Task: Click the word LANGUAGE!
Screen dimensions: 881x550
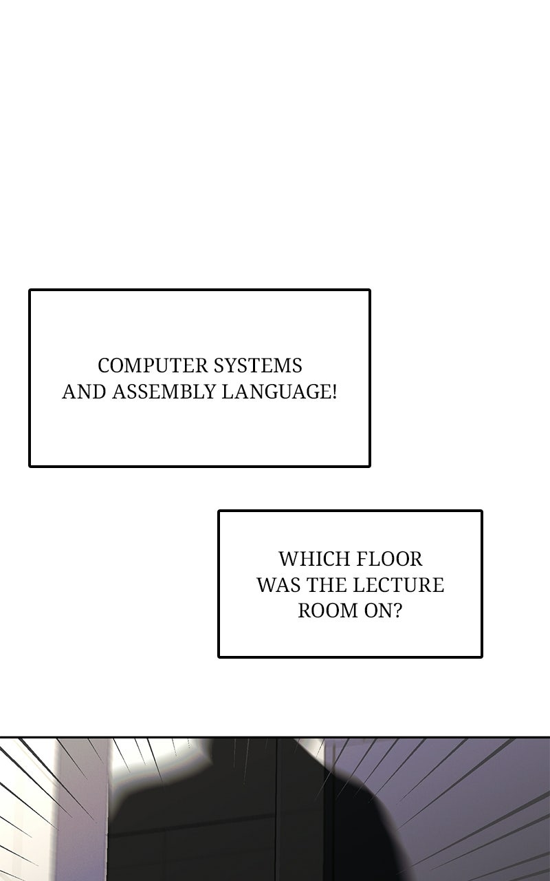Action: coord(278,392)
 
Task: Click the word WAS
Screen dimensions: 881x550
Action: coord(277,585)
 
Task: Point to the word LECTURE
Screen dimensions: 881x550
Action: coord(398,585)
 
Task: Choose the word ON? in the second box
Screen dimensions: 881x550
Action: coord(382,611)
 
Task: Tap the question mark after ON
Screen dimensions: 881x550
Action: coord(397,611)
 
